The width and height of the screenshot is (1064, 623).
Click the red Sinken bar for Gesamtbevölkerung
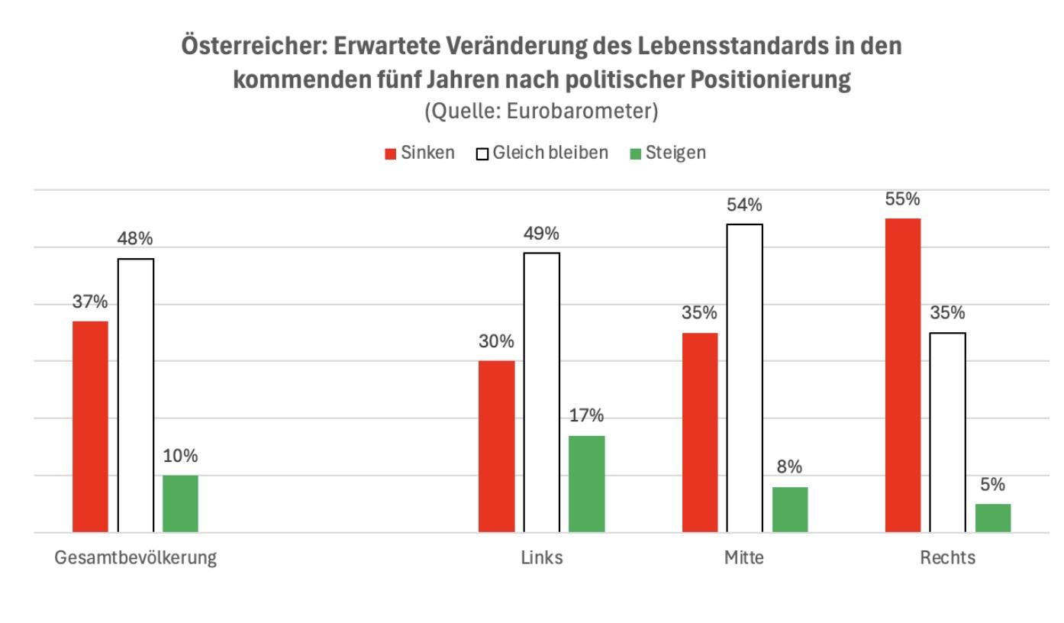tap(90, 426)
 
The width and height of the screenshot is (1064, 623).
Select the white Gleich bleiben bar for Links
tap(541, 392)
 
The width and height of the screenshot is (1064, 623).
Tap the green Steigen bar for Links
tap(587, 483)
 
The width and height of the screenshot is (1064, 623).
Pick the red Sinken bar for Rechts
tap(903, 375)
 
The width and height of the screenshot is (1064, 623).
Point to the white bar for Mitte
tap(744, 378)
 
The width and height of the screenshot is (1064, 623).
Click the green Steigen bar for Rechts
tap(993, 518)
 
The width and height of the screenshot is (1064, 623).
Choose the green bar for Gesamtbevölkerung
tap(180, 503)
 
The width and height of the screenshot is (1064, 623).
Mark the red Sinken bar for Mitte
tap(700, 432)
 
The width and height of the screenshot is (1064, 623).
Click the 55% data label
tap(903, 199)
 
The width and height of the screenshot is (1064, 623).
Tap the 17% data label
tap(587, 416)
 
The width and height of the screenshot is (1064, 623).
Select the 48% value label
tap(136, 240)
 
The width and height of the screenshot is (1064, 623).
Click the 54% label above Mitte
tap(744, 205)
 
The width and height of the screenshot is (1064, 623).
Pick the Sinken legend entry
tap(419, 153)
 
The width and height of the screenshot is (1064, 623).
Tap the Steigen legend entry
tap(668, 153)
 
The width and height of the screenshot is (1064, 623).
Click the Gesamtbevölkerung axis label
tap(136, 558)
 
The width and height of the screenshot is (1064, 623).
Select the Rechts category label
tap(947, 558)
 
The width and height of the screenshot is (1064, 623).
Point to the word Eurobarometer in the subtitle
tap(588, 111)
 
